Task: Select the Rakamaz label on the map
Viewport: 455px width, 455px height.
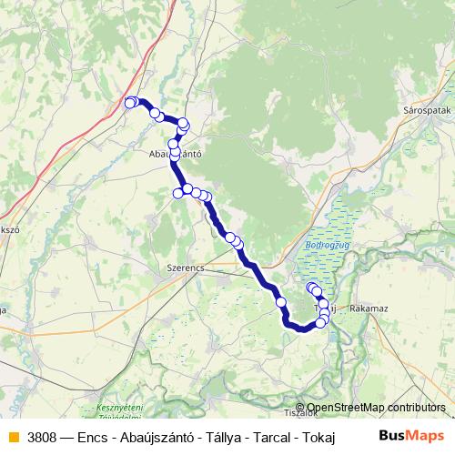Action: [x=369, y=309]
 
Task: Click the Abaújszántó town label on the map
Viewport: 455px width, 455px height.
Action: [x=174, y=155]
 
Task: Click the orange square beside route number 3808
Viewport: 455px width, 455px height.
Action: [x=12, y=436]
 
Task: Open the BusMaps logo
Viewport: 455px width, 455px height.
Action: [x=412, y=436]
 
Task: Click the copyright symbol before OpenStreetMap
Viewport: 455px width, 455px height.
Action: [x=300, y=408]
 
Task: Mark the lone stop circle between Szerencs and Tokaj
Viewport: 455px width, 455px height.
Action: [x=281, y=302]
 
